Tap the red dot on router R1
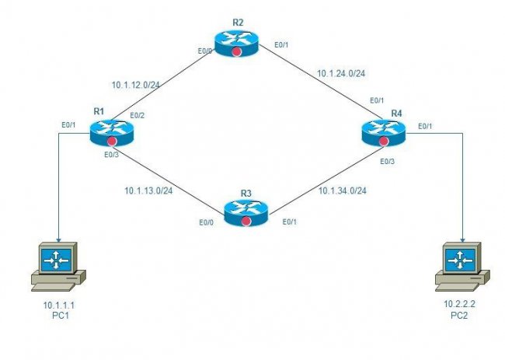pyautogui.click(x=112, y=141)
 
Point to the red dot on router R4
pyautogui.click(x=384, y=142)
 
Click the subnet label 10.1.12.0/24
pyautogui.click(x=136, y=85)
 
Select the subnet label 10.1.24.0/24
pyautogui.click(x=341, y=74)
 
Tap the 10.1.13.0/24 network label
pyautogui.click(x=148, y=190)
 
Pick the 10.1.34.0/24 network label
pyautogui.click(x=343, y=190)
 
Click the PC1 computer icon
pyautogui.click(x=58, y=267)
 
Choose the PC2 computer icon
pyautogui.click(x=462, y=267)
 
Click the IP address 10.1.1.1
pyautogui.click(x=59, y=305)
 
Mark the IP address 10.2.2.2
pyautogui.click(x=460, y=304)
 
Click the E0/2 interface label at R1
pyautogui.click(x=138, y=116)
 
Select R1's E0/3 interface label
pyautogui.click(x=111, y=155)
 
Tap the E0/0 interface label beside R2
pyautogui.click(x=205, y=51)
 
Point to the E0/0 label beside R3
pyautogui.click(x=206, y=222)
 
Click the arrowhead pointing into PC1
pyautogui.click(x=58, y=240)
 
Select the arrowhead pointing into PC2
pyautogui.click(x=462, y=240)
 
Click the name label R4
pyautogui.click(x=396, y=114)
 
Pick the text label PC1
pyautogui.click(x=61, y=315)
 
